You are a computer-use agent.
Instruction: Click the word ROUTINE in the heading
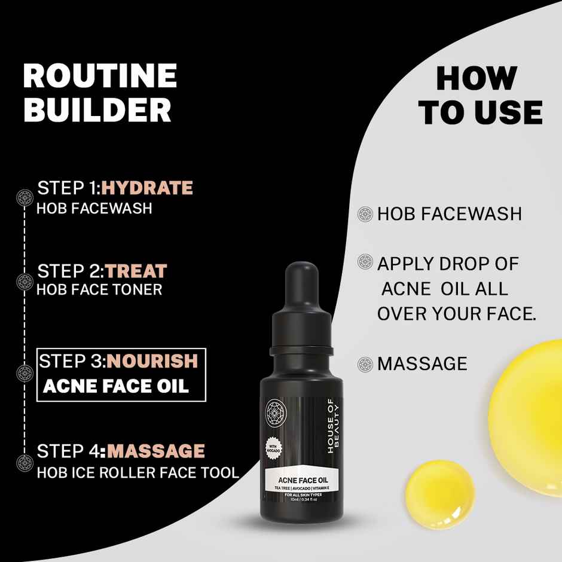point(100,76)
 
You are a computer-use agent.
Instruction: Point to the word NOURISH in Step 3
point(152,361)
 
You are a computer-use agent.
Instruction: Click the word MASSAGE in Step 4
point(156,450)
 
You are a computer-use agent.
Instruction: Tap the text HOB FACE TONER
point(99,290)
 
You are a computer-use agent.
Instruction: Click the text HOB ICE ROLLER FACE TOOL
point(138,472)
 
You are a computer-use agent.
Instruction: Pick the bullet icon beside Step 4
point(25,462)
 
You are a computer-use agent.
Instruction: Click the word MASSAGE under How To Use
point(422,364)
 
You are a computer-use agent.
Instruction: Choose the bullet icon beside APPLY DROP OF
point(365,262)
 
